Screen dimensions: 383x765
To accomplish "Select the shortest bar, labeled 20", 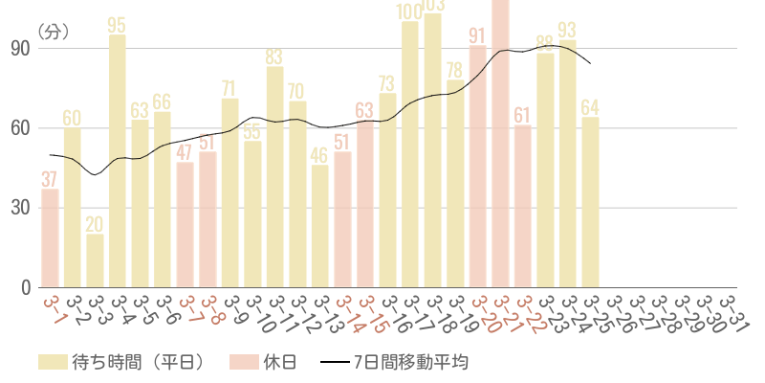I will (x=95, y=260).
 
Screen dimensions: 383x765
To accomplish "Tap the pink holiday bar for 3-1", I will (x=50, y=237).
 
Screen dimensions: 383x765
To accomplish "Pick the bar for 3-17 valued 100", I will (x=410, y=153).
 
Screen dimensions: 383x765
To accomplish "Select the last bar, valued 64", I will (x=591, y=202).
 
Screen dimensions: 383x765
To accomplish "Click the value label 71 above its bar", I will (x=229, y=89).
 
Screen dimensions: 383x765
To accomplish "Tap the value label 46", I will (x=320, y=155).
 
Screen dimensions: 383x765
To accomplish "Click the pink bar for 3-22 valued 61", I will (x=523, y=206).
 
